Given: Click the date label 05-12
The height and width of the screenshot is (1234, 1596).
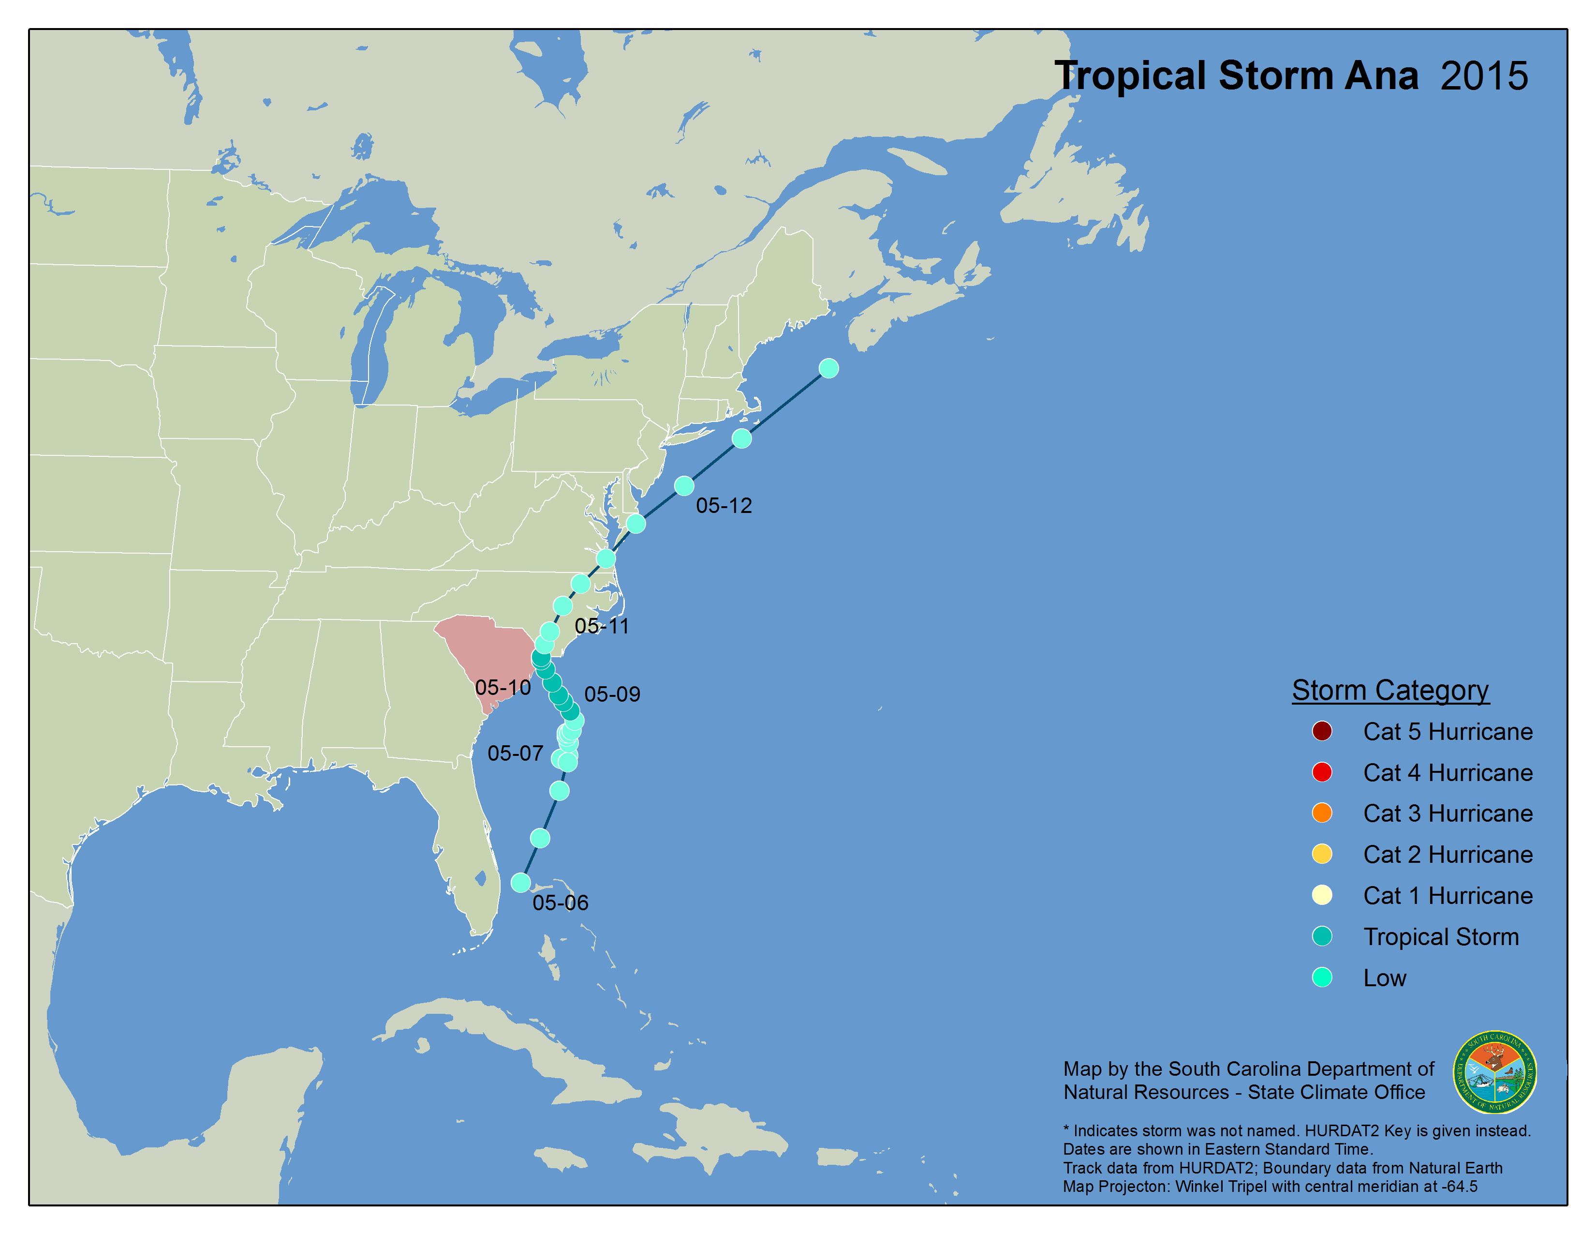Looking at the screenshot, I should tap(724, 505).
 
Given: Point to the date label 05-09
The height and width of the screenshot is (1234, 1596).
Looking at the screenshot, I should tap(612, 694).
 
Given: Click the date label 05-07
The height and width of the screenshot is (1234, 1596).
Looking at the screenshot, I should tap(515, 753).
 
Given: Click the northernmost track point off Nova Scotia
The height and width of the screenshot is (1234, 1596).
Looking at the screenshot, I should tap(828, 368).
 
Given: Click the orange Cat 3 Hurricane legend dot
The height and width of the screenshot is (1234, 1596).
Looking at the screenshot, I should tap(1321, 813).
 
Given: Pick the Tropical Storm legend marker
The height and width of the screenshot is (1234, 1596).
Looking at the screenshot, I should tap(1321, 936).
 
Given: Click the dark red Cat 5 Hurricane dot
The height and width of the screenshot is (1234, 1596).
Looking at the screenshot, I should tap(1321, 731).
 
